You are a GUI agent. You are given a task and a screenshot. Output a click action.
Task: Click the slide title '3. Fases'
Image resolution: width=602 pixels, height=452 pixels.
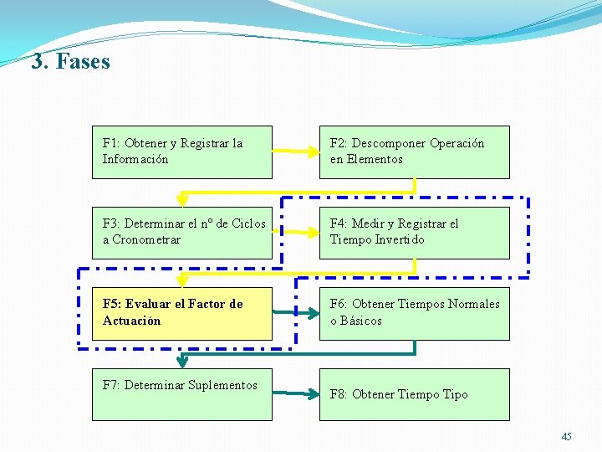click(70, 62)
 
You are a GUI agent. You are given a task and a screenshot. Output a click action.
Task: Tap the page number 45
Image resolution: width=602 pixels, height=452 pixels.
click(567, 437)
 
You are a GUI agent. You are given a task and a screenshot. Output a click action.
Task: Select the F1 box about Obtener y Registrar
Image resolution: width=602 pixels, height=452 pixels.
click(181, 152)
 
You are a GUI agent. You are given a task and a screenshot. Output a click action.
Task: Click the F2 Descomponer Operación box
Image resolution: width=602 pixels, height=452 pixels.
click(414, 152)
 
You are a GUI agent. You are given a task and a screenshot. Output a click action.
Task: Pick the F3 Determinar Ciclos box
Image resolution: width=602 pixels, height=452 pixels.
click(181, 232)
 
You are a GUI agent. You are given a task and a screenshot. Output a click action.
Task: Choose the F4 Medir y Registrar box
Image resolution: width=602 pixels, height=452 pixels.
click(414, 232)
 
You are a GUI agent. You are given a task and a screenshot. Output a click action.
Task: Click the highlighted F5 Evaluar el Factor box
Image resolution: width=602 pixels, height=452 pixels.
click(181, 312)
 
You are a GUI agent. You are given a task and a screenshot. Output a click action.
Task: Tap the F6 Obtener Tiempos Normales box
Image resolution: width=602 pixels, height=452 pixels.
click(414, 312)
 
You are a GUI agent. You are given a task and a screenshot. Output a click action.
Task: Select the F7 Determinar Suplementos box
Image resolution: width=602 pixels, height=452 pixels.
click(181, 393)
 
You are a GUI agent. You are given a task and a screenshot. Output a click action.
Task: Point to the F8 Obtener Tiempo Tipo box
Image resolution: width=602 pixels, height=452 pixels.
click(414, 393)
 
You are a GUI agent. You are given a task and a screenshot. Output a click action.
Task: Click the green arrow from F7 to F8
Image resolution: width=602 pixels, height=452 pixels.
click(295, 393)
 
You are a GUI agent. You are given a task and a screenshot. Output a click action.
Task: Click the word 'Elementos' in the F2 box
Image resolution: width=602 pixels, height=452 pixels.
click(375, 160)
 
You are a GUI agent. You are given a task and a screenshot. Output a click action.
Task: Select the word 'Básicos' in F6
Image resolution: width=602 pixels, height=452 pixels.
click(360, 321)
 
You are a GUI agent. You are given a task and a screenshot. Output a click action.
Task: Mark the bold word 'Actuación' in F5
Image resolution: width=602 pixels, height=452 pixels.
click(131, 321)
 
